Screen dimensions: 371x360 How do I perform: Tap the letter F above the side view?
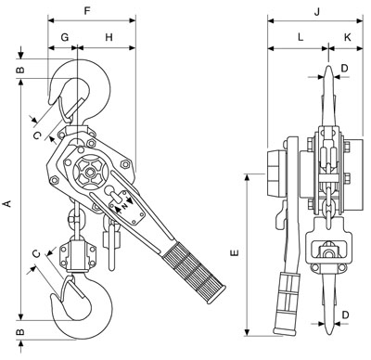pos(87,11)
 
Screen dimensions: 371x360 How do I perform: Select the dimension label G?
pos(65,37)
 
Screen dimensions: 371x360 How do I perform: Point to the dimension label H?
pos(109,37)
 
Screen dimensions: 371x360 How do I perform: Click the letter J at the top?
pos(316,12)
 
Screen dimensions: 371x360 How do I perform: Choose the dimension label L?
pos(301,37)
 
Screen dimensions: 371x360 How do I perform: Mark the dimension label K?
pos(348,37)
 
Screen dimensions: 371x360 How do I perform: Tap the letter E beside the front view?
pos(235,252)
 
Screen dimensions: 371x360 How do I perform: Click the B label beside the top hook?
pos(19,70)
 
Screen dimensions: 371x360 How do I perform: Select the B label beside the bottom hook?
pos(19,331)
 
